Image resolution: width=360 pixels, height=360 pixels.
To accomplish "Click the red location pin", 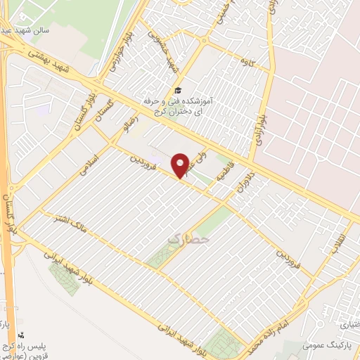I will coord(181,165).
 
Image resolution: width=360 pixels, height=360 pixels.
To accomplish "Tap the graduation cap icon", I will coord(177,91).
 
